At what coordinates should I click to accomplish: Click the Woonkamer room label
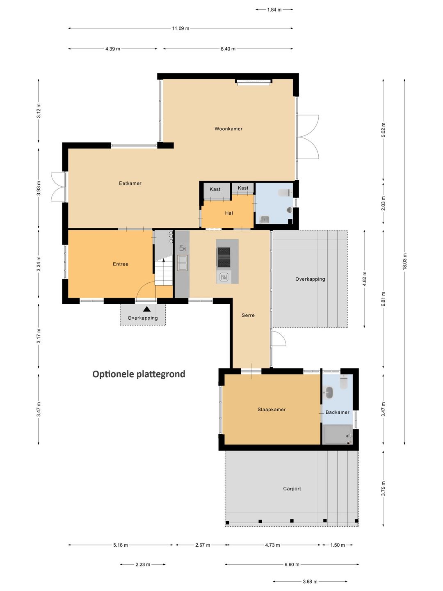(228, 129)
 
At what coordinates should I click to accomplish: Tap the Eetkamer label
(130, 183)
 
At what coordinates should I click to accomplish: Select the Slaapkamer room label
(272, 410)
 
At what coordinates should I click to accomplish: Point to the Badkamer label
(338, 412)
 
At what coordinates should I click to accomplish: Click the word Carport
(292, 489)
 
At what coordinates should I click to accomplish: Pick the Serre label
(248, 316)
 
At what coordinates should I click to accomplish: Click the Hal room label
(229, 213)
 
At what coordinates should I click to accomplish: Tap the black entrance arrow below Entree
(147, 309)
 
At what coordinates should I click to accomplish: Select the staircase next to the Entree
(164, 271)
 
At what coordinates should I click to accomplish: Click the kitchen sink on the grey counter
(182, 263)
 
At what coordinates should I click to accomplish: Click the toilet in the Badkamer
(344, 383)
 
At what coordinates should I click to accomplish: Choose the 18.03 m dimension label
(405, 261)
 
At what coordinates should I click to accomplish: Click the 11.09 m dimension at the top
(180, 28)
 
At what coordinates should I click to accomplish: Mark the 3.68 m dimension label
(310, 582)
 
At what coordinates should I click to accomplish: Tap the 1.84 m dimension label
(274, 9)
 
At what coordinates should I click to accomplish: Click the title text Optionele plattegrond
(139, 374)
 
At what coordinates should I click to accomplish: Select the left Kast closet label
(215, 190)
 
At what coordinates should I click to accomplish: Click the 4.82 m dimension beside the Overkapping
(364, 279)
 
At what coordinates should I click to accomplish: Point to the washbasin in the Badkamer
(329, 393)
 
